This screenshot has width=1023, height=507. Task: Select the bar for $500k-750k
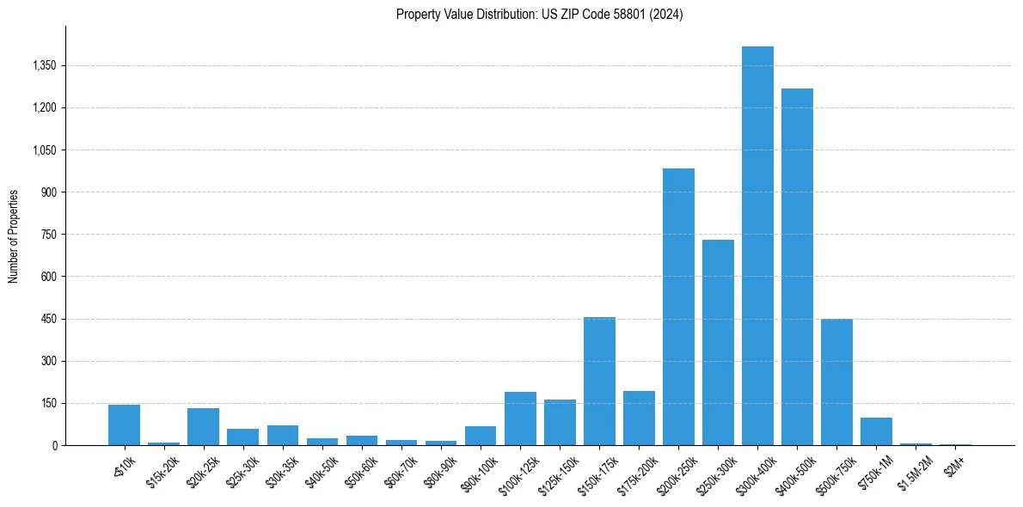(836, 382)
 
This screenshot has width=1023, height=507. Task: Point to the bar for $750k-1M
(876, 431)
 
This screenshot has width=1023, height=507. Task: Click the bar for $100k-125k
(520, 418)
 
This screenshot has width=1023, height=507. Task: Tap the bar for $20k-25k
(203, 426)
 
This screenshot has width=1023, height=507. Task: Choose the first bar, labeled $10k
(124, 425)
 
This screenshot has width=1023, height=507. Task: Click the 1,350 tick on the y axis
(42, 65)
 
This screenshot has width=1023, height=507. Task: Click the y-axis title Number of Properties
(14, 235)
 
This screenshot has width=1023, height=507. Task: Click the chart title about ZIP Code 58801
(539, 14)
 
